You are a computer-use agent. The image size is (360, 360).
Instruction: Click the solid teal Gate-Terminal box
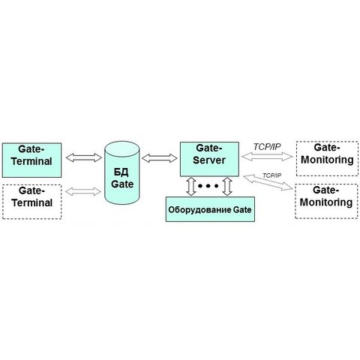click(x=31, y=160)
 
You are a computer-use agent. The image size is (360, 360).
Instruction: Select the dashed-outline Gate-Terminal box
click(x=31, y=202)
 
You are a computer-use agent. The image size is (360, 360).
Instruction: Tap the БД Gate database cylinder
click(x=121, y=172)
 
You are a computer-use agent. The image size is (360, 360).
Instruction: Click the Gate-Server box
click(x=209, y=159)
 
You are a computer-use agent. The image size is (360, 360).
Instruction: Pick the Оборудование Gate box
click(x=210, y=209)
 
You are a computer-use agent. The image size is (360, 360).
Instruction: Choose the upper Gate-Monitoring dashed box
click(x=327, y=159)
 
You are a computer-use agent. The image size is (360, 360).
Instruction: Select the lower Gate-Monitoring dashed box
click(x=326, y=201)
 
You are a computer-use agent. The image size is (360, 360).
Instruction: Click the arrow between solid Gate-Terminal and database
click(x=84, y=157)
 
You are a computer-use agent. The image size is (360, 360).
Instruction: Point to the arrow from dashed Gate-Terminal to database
click(x=83, y=191)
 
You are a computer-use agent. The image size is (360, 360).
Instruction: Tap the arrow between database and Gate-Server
click(x=160, y=158)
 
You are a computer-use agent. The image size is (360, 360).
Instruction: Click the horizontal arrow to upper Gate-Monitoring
click(x=267, y=157)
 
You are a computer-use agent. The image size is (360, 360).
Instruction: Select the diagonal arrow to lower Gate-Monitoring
click(x=268, y=182)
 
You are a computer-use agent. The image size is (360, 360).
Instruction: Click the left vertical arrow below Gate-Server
click(x=191, y=186)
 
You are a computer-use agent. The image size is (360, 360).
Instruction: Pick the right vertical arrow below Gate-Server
click(x=227, y=186)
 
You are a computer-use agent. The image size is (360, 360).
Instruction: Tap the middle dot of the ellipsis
click(x=208, y=186)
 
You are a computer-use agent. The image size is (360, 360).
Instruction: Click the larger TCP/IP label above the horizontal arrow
click(x=267, y=147)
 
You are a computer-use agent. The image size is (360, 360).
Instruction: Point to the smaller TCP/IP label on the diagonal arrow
click(x=271, y=175)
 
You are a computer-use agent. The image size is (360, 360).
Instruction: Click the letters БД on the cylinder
click(x=121, y=172)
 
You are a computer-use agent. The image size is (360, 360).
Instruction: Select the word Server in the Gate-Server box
click(x=209, y=160)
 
